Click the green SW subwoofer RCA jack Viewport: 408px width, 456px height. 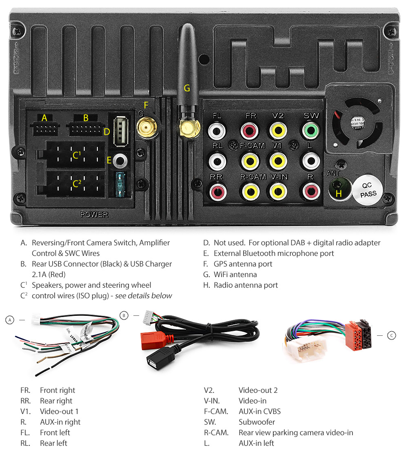pyautogui.click(x=311, y=131)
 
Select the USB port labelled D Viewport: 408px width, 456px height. pyautogui.click(x=120, y=132)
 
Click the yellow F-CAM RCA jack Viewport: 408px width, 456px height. pyautogui.click(x=250, y=161)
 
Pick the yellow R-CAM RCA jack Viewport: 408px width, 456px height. pyautogui.click(x=250, y=191)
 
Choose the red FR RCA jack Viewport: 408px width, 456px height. pyautogui.click(x=250, y=131)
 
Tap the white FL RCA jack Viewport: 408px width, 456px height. pyautogui.click(x=217, y=131)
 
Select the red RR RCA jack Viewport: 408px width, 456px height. pyautogui.click(x=217, y=191)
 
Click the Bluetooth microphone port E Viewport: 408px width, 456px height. pyautogui.click(x=120, y=161)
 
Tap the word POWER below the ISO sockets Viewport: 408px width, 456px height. pyautogui.click(x=94, y=214)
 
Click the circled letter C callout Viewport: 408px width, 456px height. pyautogui.click(x=391, y=335)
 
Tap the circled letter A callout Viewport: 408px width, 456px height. pyautogui.click(x=10, y=320)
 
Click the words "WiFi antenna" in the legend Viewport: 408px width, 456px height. pyautogui.click(x=235, y=275)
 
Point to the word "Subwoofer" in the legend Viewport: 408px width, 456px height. pyautogui.click(x=257, y=422)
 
